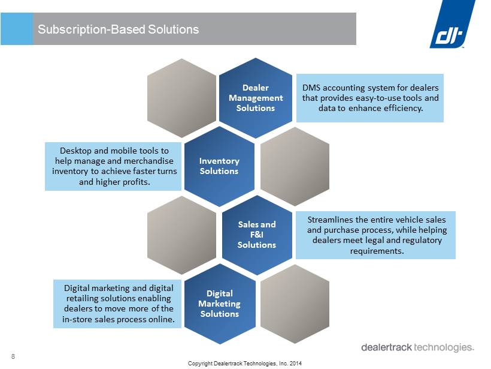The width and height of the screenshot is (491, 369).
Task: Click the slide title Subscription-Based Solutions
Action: pyautogui.click(x=118, y=29)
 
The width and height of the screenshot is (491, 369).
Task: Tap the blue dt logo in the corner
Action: pyautogui.click(x=453, y=24)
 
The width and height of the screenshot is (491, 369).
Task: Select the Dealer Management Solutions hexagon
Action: pyautogui.click(x=256, y=98)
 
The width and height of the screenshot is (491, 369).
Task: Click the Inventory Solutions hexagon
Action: pyautogui.click(x=219, y=166)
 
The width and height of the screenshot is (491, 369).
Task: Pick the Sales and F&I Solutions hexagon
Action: pyautogui.click(x=257, y=235)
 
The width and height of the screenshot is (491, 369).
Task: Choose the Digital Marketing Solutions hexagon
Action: pyautogui.click(x=220, y=304)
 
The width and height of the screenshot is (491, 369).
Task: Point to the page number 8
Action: pyautogui.click(x=13, y=356)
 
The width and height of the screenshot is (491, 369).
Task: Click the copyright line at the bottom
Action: pyautogui.click(x=245, y=364)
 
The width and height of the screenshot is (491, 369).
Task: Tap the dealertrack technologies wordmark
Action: pyautogui.click(x=418, y=347)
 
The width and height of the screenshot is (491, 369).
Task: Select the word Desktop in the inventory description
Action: pyautogui.click(x=75, y=151)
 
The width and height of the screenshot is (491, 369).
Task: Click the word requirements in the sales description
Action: pyautogui.click(x=377, y=251)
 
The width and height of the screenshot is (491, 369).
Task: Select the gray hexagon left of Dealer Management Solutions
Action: pyautogui.click(x=181, y=98)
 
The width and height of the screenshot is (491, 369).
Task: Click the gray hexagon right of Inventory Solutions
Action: pyautogui.click(x=295, y=166)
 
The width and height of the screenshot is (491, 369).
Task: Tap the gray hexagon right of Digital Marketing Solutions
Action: pyautogui.click(x=295, y=304)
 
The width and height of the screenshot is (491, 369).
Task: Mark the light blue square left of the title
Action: pyautogui.click(x=17, y=29)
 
